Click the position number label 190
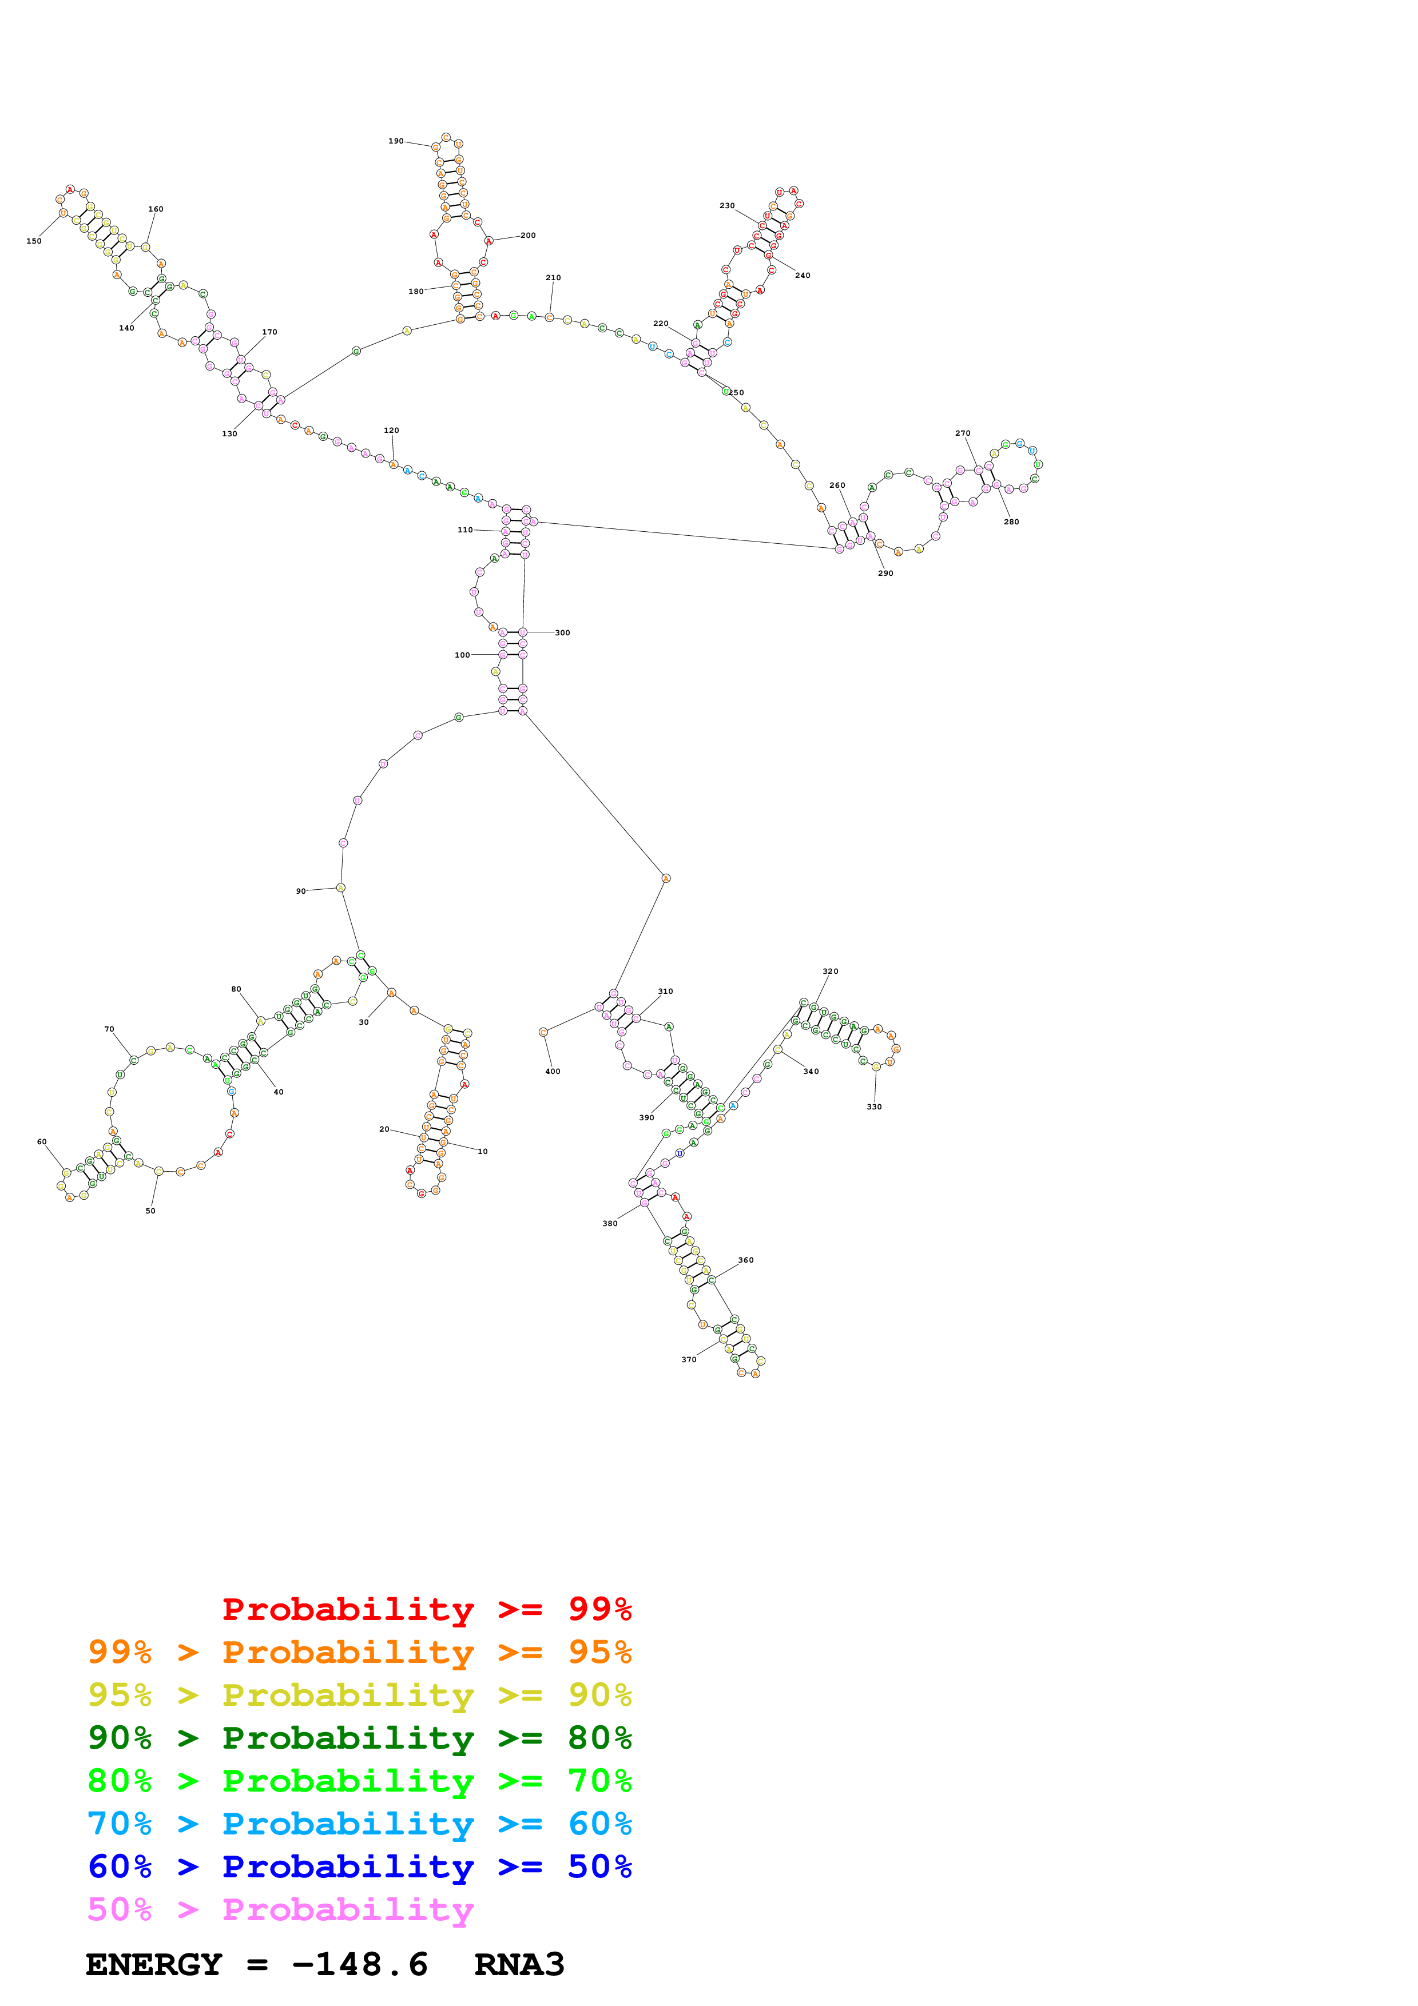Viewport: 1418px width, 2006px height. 396,141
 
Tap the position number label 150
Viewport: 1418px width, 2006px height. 34,241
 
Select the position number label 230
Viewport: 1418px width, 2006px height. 727,206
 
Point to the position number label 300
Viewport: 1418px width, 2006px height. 563,632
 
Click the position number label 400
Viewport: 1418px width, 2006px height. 553,1071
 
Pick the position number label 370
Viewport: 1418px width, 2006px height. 689,1359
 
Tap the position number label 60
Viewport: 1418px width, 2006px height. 42,1142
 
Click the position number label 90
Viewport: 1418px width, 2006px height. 300,891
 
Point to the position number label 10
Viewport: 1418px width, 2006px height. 482,1152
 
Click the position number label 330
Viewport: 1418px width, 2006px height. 875,1107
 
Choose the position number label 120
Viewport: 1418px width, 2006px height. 391,431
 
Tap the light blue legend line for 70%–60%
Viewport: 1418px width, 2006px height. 359,1824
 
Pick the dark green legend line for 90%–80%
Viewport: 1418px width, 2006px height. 359,1738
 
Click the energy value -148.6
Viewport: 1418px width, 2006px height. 359,1965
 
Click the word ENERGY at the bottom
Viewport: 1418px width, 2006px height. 154,1965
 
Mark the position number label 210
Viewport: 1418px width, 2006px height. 553,278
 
